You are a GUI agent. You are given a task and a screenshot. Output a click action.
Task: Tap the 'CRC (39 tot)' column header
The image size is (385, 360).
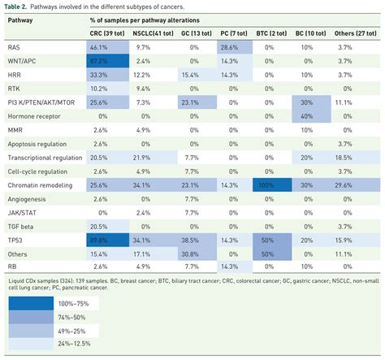coord(108,35)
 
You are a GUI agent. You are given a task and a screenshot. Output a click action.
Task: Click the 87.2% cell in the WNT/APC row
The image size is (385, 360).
coord(102,61)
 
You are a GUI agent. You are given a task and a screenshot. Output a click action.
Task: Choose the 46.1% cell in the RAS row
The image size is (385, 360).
coord(102,48)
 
